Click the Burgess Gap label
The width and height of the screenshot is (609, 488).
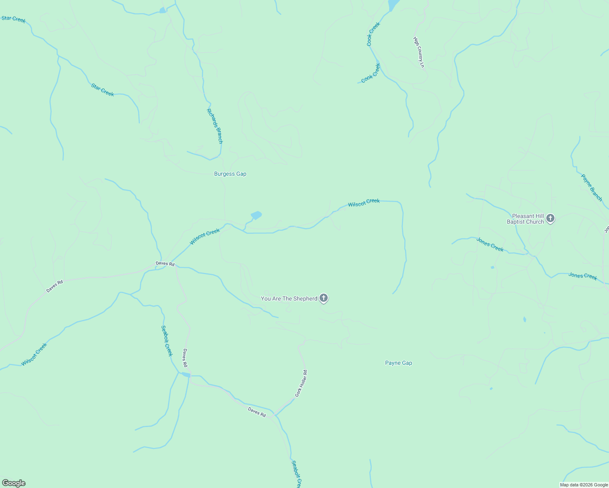pos(230,174)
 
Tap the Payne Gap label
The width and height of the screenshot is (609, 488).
pos(399,363)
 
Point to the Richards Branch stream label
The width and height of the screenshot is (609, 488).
pos(215,126)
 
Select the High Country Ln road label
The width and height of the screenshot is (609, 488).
pos(419,52)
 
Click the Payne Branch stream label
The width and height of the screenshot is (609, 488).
pos(591,187)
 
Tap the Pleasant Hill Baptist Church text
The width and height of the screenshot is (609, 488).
pos(525,219)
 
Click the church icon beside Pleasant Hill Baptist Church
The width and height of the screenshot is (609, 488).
pos(550,219)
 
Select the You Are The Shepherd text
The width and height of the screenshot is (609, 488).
pos(289,299)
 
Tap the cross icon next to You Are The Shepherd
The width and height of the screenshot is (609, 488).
pos(324,298)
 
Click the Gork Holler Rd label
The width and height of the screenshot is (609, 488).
pos(301,383)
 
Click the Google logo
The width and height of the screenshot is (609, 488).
pos(13,483)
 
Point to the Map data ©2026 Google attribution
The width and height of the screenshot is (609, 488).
pos(584,485)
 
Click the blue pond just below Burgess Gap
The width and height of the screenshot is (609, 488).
pos(256,215)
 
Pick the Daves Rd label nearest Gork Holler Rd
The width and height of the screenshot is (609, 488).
pos(257,412)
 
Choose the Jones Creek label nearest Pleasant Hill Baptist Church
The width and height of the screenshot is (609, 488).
pos(490,244)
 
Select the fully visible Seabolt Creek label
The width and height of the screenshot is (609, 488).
pos(167,341)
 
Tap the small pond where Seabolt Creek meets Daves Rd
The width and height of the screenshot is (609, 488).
pos(185,375)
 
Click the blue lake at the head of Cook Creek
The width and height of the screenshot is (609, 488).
pos(394,5)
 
